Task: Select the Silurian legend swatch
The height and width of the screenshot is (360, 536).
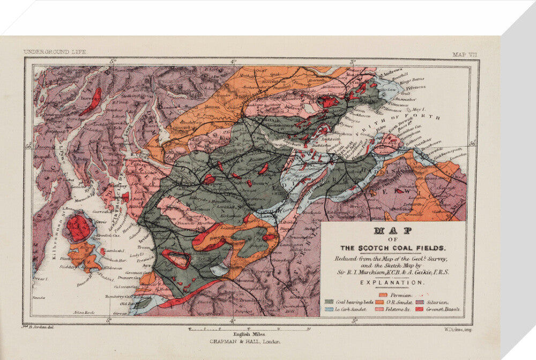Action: (x=419, y=302)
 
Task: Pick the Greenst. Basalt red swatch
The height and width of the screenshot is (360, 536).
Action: (x=419, y=310)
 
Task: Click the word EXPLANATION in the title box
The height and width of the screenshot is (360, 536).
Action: (x=393, y=282)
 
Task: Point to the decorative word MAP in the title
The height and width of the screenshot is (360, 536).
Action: (x=393, y=231)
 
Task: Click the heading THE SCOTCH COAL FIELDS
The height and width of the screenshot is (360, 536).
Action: (x=393, y=248)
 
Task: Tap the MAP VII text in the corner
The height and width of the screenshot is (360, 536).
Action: (x=464, y=54)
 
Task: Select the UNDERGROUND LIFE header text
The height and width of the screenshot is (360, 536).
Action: (x=55, y=52)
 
